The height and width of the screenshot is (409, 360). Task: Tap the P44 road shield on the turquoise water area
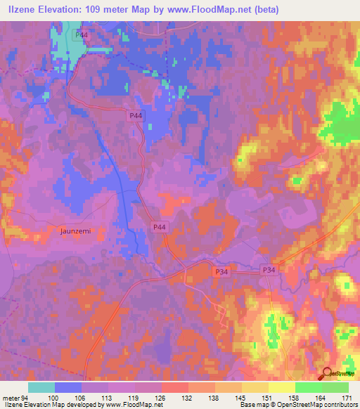pyautogui.click(x=83, y=34)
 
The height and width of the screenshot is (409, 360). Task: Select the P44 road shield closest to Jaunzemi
pyautogui.click(x=160, y=227)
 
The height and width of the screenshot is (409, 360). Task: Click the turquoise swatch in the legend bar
pyautogui.click(x=41, y=387)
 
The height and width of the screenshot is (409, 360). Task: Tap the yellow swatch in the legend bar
pyautogui.click(x=282, y=387)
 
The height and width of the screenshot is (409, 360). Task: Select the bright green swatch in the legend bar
pyautogui.click(x=309, y=387)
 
